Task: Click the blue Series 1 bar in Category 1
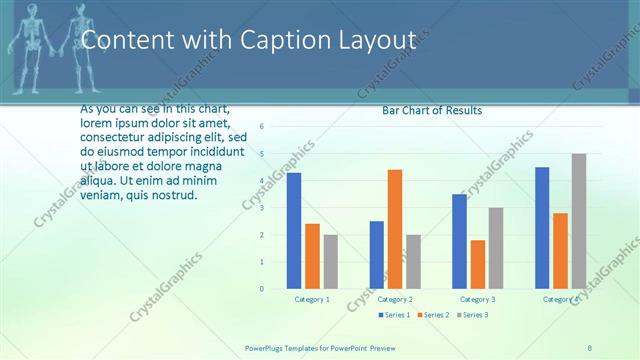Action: pos(294,230)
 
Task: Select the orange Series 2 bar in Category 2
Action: pos(395,228)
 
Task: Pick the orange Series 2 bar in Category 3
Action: pos(478,264)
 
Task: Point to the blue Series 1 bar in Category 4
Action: pos(542,227)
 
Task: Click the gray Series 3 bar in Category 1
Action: pos(331,261)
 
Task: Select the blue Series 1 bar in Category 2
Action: pos(376,254)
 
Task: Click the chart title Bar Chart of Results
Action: pos(432,110)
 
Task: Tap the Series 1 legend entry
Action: pos(394,315)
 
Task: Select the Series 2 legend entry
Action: pos(432,315)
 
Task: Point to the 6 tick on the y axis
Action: pos(261,126)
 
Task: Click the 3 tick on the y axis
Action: pos(261,208)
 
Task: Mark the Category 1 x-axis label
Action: pos(312,299)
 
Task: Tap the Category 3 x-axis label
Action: pos(478,299)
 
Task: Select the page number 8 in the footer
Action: pos(591,347)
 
